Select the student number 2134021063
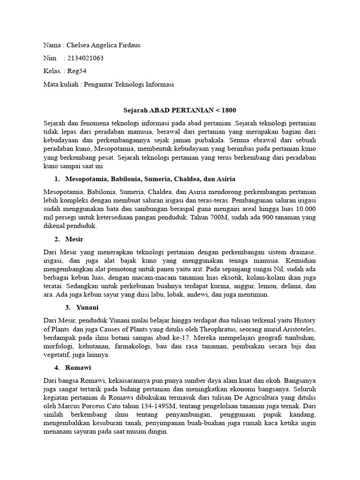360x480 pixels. pyautogui.click(x=85, y=59)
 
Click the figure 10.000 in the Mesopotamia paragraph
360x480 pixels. pyautogui.click(x=305, y=209)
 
